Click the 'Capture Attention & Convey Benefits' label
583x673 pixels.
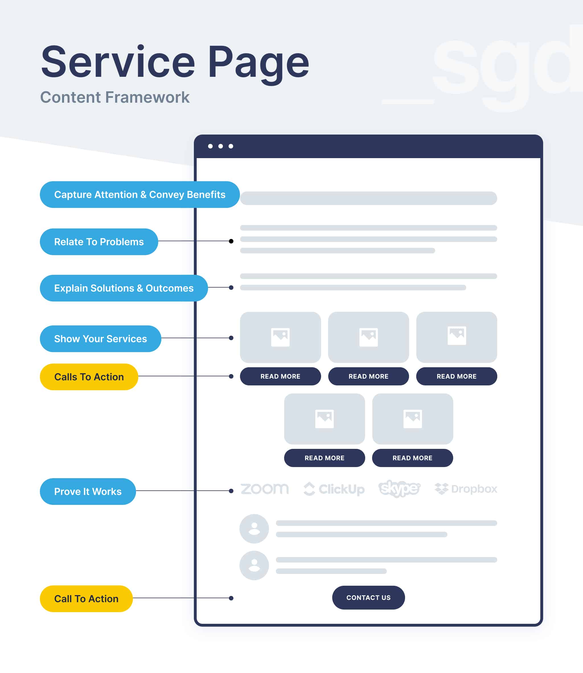click(139, 195)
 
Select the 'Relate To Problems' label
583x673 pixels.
click(99, 241)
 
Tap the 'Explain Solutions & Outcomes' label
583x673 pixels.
click(124, 288)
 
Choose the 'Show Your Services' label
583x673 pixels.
click(100, 338)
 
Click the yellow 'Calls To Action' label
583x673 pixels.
click(89, 377)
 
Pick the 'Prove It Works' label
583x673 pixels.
click(88, 491)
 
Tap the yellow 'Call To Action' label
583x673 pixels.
click(86, 598)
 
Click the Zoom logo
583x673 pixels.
click(264, 489)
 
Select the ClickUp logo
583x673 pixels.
click(334, 489)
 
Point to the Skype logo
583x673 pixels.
click(399, 488)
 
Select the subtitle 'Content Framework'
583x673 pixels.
click(114, 97)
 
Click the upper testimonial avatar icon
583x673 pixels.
click(254, 529)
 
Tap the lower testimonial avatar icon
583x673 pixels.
click(254, 565)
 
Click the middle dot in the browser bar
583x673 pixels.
click(221, 146)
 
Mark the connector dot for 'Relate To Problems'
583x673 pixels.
click(231, 241)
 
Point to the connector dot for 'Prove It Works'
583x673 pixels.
click(231, 491)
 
